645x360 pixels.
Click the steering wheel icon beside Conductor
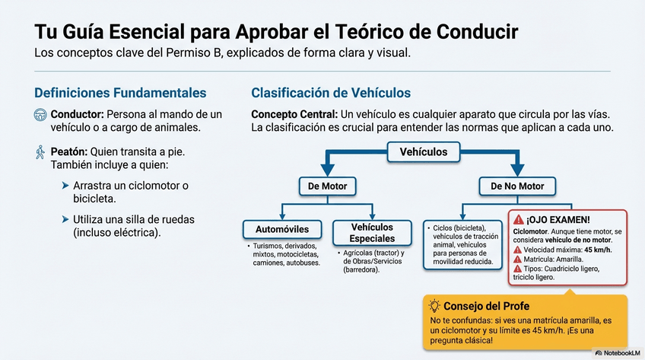[40, 115]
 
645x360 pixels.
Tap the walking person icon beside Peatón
[40, 152]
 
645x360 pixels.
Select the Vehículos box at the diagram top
[424, 152]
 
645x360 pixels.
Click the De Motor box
[328, 186]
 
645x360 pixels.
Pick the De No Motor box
[517, 186]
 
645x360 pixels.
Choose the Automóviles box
[282, 228]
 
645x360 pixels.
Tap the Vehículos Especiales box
[372, 232]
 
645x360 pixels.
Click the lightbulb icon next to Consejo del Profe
[435, 307]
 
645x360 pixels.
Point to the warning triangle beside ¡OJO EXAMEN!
[519, 218]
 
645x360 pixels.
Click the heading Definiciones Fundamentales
[120, 93]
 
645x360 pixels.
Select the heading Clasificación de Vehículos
[331, 93]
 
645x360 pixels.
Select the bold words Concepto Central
[294, 114]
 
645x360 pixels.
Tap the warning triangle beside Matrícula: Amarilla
[518, 259]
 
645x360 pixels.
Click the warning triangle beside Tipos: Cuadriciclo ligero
[518, 269]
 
